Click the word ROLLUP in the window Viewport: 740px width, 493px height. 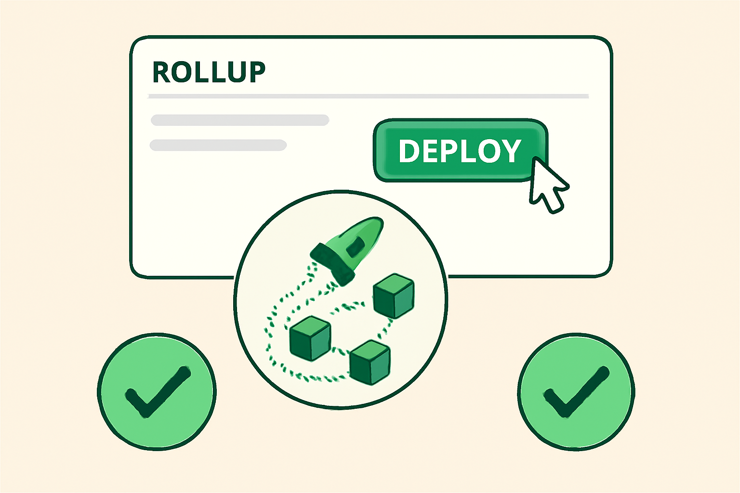[x=209, y=73]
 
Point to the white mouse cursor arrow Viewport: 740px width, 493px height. [x=547, y=185]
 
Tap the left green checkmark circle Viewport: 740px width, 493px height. [x=157, y=392]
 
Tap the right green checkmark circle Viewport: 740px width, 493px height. [x=576, y=392]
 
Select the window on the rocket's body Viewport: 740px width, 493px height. [x=356, y=246]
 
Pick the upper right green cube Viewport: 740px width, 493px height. [x=394, y=296]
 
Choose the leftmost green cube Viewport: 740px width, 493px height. [x=310, y=338]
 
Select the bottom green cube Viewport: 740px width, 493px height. [x=370, y=362]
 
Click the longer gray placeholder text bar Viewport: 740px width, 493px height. [x=240, y=120]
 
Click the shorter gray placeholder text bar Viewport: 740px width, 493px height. [x=218, y=145]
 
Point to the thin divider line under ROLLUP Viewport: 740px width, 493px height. [x=368, y=96]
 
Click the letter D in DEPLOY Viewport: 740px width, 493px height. [x=409, y=151]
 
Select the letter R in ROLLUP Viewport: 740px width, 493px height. [x=162, y=73]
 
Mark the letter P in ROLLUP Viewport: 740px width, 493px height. [x=255, y=73]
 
